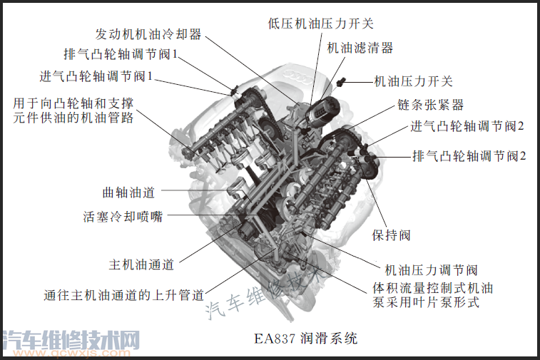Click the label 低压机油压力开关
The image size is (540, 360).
[320, 24]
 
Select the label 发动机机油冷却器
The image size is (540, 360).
[148, 34]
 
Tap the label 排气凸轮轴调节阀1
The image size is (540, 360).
[121, 54]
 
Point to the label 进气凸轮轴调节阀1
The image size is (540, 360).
[96, 76]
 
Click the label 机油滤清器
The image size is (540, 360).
[360, 48]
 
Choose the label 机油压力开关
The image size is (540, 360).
[413, 81]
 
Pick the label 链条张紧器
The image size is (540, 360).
[430, 105]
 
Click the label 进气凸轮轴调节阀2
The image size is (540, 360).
[467, 126]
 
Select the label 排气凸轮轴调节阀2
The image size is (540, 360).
[469, 156]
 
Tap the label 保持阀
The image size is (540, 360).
[391, 235]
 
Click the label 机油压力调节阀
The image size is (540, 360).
[431, 270]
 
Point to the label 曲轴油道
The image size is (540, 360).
[128, 192]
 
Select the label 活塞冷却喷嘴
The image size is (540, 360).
[123, 217]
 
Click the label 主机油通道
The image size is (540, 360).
[141, 264]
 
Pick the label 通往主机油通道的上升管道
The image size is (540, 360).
[124, 295]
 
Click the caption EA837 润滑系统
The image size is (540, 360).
[306, 339]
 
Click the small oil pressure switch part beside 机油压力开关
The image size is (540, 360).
[341, 81]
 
